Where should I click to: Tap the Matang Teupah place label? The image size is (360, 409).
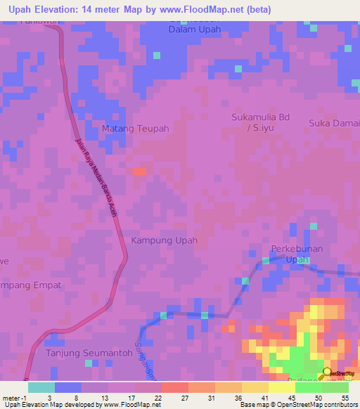[x=136, y=129]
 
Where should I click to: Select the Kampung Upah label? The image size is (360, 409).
[x=164, y=240]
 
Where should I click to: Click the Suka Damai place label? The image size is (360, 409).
[x=334, y=123]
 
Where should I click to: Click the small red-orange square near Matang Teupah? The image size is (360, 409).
[x=140, y=171]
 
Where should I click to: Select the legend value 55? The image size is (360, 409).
[x=345, y=397]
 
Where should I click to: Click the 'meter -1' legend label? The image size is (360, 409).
[x=15, y=397]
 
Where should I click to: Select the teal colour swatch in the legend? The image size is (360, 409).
[x=41, y=387]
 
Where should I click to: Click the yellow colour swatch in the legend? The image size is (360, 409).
[x=282, y=387]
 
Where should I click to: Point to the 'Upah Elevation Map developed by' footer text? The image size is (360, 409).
[x=53, y=405]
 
